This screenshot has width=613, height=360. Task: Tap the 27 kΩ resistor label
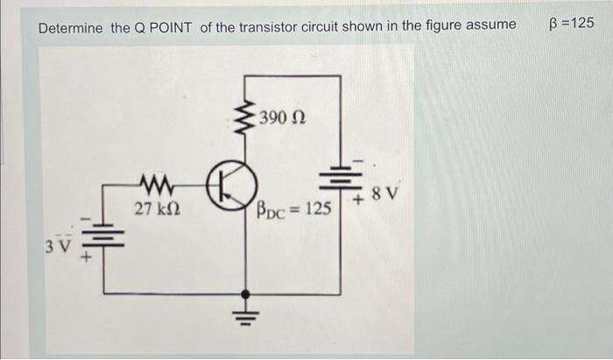(158, 210)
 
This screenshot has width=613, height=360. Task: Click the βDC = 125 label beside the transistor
(293, 210)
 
